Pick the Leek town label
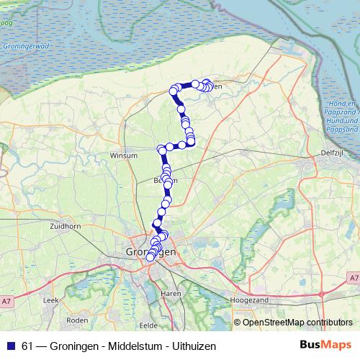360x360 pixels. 50,298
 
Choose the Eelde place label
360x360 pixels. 148,325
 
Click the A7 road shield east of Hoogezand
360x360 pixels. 353,276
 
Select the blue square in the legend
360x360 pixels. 11,346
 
